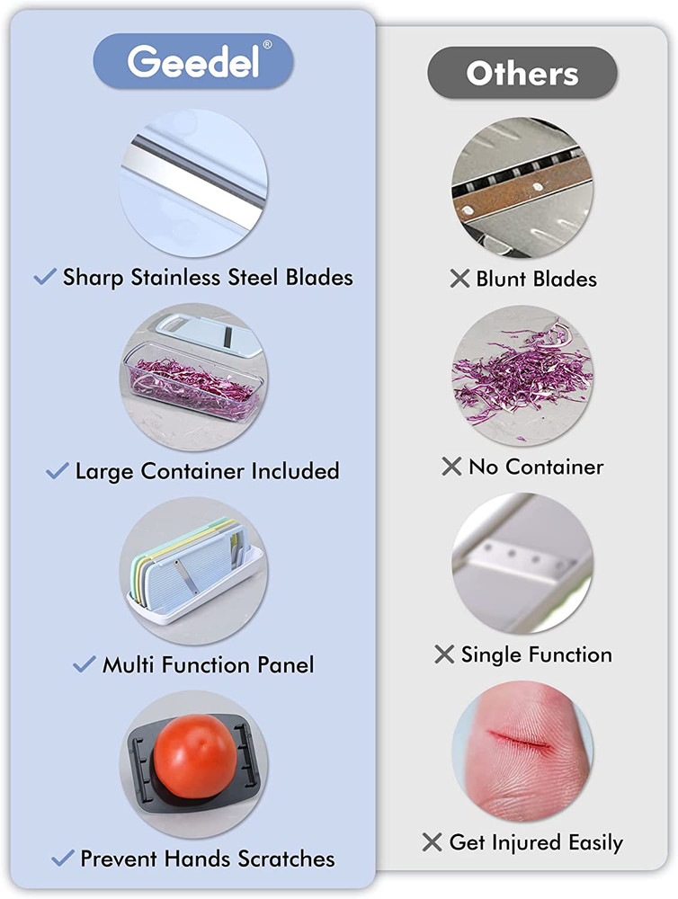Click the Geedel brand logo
tap(193, 61)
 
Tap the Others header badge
tap(522, 74)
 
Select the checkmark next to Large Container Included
tap(58, 471)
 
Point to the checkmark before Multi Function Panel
tap(85, 664)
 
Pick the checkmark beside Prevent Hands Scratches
tap(63, 858)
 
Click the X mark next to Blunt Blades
tap(460, 279)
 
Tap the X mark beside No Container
tap(451, 466)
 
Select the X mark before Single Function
tap(444, 654)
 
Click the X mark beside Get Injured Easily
tap(432, 842)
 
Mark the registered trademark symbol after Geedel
tap(267, 44)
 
